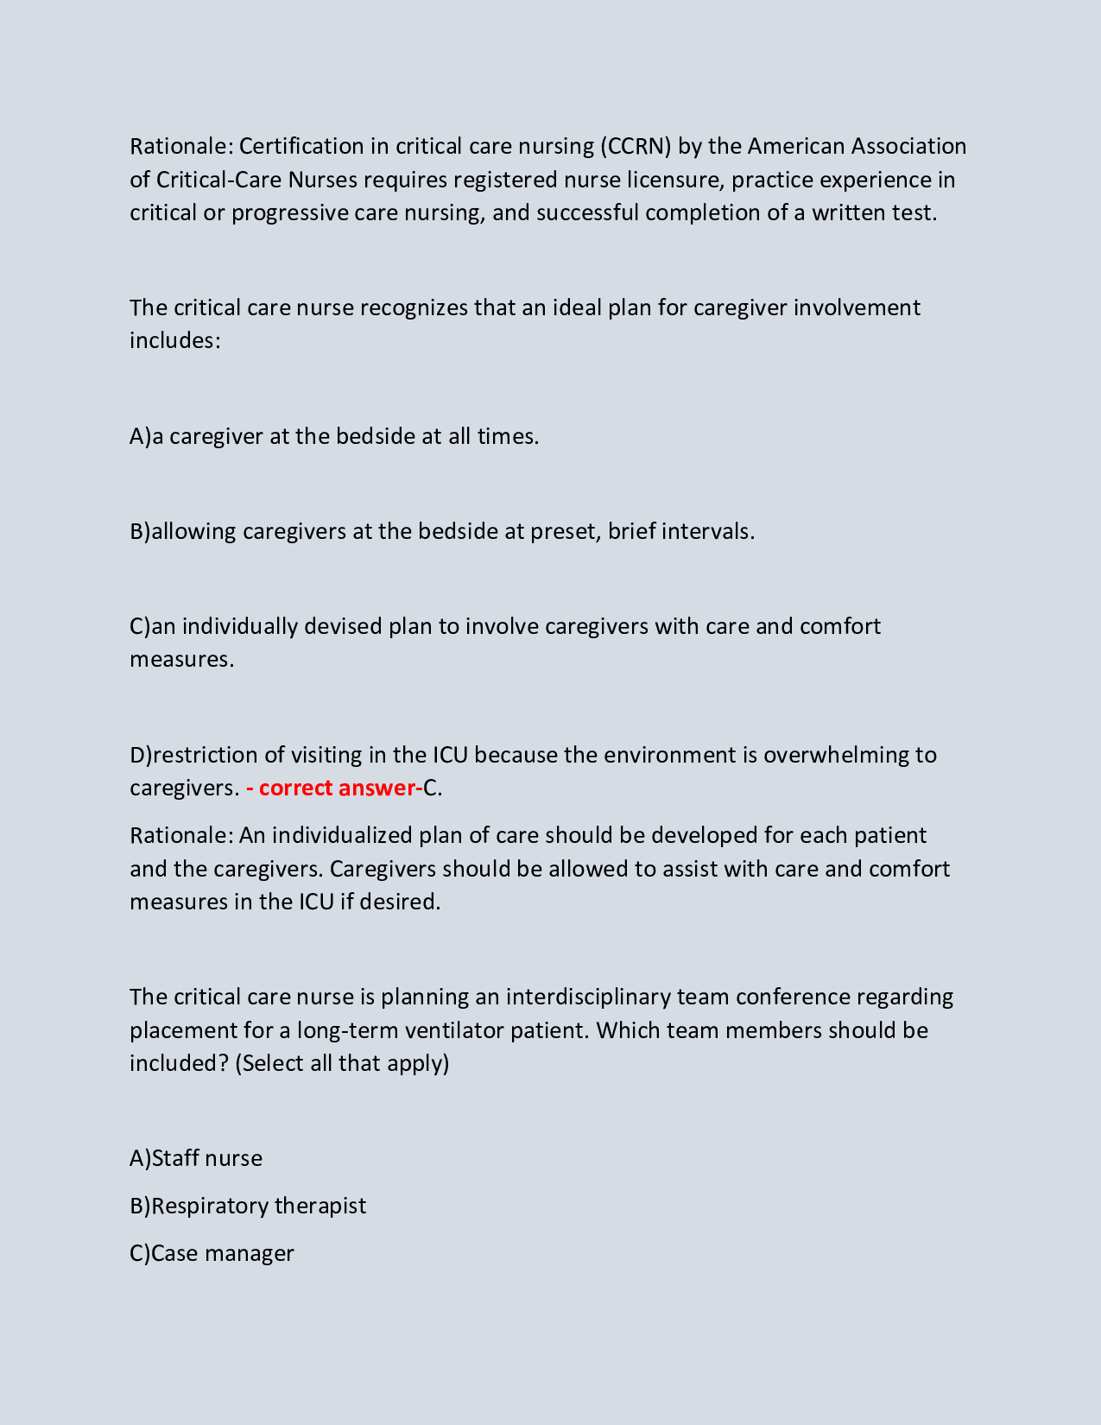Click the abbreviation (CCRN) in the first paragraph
(x=635, y=146)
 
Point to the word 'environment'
(x=669, y=755)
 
